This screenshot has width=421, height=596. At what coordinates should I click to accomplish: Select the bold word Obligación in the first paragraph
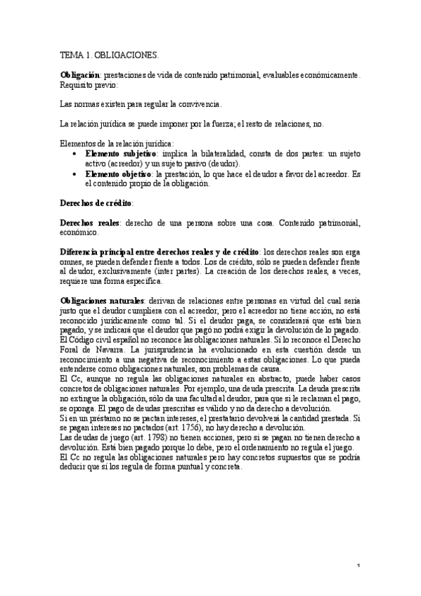tap(80, 74)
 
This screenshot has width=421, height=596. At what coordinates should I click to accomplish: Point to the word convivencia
tap(200, 104)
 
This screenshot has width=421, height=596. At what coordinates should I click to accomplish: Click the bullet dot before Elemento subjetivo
tap(76, 152)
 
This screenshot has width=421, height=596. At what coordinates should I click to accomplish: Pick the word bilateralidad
tap(213, 152)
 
